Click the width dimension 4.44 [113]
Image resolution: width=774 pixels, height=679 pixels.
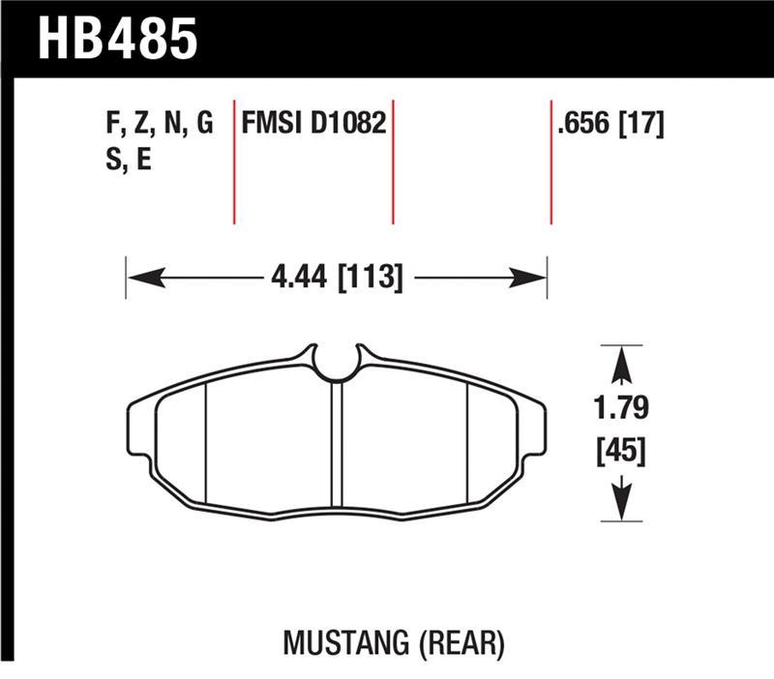(337, 278)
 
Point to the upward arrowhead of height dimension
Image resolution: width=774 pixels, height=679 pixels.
(621, 365)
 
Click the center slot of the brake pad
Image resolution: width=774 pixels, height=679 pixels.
(337, 445)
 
